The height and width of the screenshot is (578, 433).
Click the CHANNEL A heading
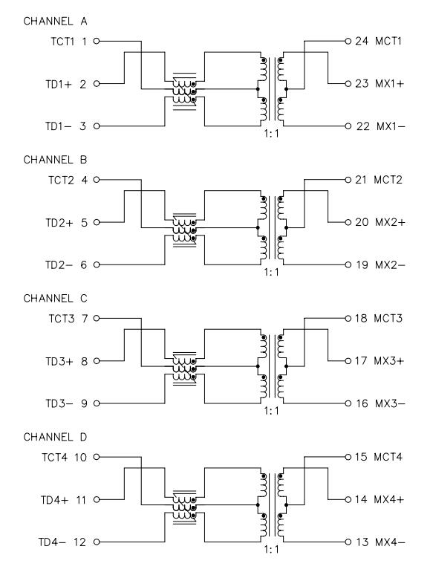coord(55,22)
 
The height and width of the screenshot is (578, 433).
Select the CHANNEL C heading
coord(55,299)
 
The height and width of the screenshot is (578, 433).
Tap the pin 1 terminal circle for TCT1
coord(97,41)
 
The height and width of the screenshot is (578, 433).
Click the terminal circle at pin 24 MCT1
coord(348,41)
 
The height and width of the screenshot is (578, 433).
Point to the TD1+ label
coord(59,84)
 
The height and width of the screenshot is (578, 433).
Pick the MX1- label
coord(391,126)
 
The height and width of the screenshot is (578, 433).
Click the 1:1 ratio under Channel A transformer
coord(271,134)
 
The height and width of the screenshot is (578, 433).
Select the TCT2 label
coord(61,181)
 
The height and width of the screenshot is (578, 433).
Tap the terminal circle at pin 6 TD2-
coord(97,264)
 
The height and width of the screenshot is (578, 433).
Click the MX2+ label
coord(390,222)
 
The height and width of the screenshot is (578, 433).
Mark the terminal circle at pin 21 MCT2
coord(348,180)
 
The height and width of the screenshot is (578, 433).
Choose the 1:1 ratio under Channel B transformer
coord(271,272)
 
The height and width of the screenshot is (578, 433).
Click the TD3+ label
coord(59,361)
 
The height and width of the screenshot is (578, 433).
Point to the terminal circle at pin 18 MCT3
coord(348,318)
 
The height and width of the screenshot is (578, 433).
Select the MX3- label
coord(390,403)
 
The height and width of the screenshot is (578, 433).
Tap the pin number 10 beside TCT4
coord(80,458)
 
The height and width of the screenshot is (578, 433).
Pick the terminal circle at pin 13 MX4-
coord(348,542)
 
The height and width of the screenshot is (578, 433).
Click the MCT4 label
coord(388,457)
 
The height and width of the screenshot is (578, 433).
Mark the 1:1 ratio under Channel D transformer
coord(271,549)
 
